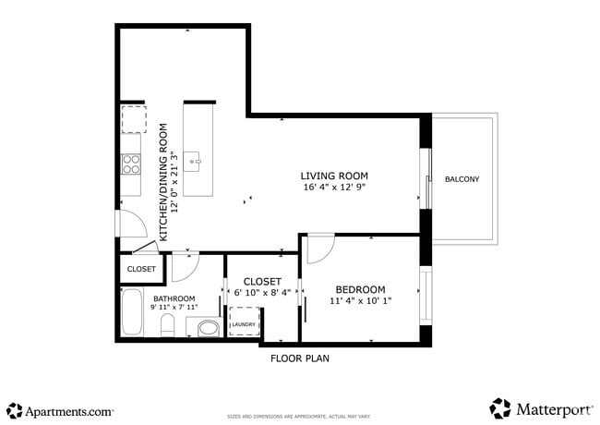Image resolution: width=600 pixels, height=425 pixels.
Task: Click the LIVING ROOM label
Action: [x=334, y=176]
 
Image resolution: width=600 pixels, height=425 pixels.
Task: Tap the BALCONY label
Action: [x=462, y=179]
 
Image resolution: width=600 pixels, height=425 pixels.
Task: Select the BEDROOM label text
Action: [x=360, y=289]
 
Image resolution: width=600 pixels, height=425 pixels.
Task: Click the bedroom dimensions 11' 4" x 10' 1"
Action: [x=360, y=301]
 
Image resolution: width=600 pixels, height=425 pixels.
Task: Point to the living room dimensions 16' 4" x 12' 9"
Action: [x=334, y=188]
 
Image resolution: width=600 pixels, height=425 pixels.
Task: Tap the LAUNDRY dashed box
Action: [x=244, y=324]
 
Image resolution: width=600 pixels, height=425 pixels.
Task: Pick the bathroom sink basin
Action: [x=208, y=327]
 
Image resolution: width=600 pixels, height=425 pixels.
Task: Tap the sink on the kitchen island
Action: [x=195, y=162]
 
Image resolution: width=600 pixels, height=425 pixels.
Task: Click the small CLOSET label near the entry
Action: [x=141, y=269]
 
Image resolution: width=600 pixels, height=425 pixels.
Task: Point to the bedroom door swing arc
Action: [x=321, y=248]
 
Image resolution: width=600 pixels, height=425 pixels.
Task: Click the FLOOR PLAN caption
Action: [x=299, y=358]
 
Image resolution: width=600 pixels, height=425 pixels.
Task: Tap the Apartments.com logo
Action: [x=60, y=409]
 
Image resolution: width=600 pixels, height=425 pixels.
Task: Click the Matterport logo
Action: [x=540, y=408]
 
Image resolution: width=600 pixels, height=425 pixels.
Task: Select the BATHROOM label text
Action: [x=174, y=298]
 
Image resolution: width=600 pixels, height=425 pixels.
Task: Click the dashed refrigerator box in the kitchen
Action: [x=134, y=119]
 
